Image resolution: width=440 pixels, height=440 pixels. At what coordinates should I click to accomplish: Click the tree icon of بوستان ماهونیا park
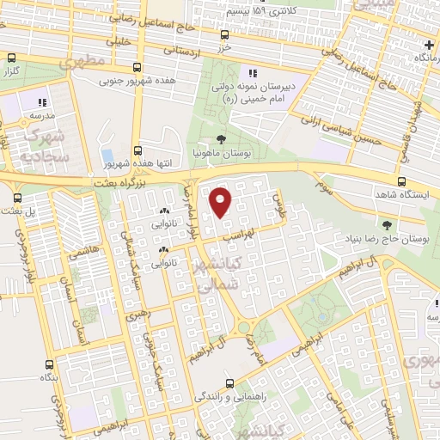pyautogui.click(x=222, y=138)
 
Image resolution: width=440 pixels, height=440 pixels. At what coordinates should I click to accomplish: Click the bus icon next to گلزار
pyautogui.click(x=11, y=59)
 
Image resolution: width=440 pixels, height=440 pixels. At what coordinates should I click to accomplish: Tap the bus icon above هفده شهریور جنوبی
pyautogui.click(x=136, y=68)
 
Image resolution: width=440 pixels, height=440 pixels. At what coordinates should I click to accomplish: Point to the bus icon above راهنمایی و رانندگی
pyautogui.click(x=229, y=383)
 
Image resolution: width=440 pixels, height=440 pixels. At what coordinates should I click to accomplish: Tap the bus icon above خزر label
pyautogui.click(x=223, y=35)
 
